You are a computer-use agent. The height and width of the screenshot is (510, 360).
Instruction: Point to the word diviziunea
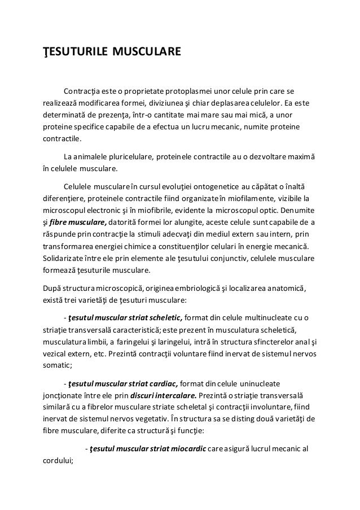[163, 104]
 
